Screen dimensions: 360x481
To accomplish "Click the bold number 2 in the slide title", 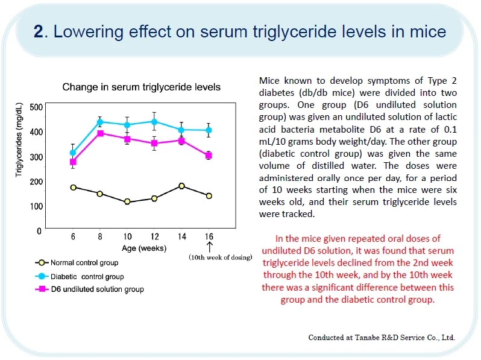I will (x=38, y=31).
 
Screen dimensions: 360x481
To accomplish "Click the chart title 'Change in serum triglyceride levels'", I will (x=142, y=87).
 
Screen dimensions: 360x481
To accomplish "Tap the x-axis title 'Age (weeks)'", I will (x=143, y=248).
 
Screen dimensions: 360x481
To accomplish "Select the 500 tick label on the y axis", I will (x=36, y=107).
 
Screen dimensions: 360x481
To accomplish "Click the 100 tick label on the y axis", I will (x=36, y=206).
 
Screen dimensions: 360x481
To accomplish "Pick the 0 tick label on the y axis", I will (x=39, y=231).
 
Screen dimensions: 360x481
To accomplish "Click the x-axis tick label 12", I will (x=154, y=237).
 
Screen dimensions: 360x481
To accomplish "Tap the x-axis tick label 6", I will (x=73, y=237).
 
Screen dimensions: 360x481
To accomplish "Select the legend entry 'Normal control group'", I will (x=84, y=263).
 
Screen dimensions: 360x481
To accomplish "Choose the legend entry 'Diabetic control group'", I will (x=87, y=277).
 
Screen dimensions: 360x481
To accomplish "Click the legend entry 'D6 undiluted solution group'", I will (x=96, y=289).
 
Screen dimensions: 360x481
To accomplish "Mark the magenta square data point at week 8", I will (x=101, y=133).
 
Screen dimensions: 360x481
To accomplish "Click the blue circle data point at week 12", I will (x=154, y=122).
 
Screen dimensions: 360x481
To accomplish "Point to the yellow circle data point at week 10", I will (x=127, y=201).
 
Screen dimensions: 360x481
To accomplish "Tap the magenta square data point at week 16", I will (x=209, y=156).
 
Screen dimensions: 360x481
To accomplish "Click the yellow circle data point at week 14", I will (x=181, y=186).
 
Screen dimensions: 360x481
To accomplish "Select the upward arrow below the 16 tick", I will (x=209, y=247).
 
